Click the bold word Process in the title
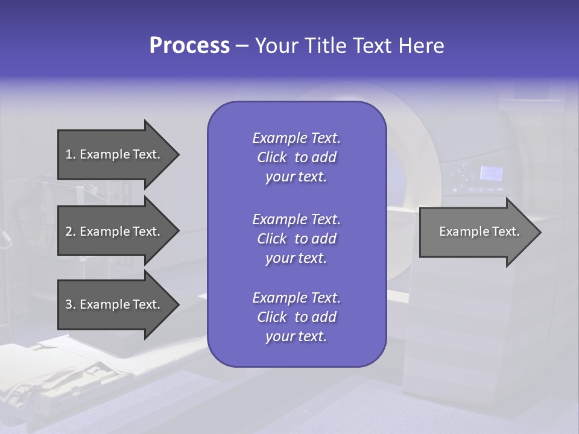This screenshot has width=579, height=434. [x=189, y=45]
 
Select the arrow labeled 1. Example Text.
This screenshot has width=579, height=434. [x=115, y=154]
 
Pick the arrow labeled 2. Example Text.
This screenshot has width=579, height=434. [x=115, y=231]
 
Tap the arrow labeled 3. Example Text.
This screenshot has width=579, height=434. [x=115, y=304]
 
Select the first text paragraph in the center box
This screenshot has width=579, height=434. [x=296, y=157]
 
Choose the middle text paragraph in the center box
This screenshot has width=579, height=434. [x=296, y=239]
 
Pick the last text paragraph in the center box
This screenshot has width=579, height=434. [x=296, y=317]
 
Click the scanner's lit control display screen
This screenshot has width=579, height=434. [x=491, y=174]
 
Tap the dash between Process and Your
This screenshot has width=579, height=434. [x=242, y=46]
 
